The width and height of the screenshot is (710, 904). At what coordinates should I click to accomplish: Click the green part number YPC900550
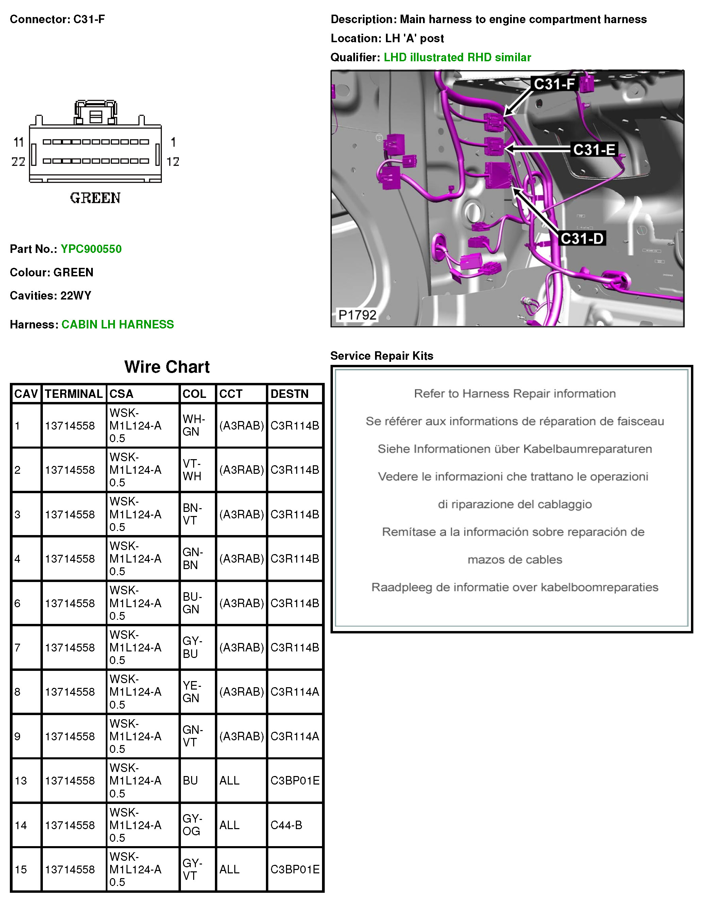click(x=91, y=249)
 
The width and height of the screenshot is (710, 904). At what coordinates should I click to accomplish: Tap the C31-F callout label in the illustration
click(x=554, y=84)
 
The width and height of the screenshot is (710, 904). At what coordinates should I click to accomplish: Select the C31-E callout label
click(x=594, y=149)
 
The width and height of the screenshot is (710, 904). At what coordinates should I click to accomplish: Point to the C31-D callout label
click(x=581, y=238)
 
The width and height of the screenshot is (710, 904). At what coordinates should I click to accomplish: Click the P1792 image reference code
click(x=357, y=315)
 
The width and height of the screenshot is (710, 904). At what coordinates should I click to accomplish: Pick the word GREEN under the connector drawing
click(x=95, y=198)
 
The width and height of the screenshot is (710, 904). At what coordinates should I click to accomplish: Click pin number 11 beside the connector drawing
click(x=19, y=142)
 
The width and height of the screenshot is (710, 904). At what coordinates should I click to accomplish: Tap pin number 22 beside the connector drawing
click(x=18, y=161)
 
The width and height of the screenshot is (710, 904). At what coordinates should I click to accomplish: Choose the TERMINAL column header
click(x=73, y=393)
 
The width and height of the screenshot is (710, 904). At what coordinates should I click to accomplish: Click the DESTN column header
click(x=290, y=393)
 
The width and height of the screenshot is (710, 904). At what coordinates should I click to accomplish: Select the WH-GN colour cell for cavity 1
click(x=193, y=425)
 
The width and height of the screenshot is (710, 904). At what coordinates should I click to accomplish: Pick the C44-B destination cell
click(x=286, y=825)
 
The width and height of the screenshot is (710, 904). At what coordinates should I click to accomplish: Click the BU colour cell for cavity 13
click(x=190, y=780)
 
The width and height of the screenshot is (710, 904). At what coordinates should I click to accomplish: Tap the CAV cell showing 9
click(x=17, y=736)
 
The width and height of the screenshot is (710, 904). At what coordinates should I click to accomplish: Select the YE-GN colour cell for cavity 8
click(x=192, y=692)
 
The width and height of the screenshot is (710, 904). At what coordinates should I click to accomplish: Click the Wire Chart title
click(x=167, y=367)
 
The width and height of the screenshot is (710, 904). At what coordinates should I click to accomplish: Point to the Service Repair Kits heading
click(x=382, y=356)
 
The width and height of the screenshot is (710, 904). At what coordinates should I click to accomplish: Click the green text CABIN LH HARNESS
click(x=118, y=324)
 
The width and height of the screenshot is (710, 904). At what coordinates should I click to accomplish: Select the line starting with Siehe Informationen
click(x=514, y=449)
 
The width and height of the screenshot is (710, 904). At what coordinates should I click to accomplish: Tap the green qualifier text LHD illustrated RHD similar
click(x=457, y=58)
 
